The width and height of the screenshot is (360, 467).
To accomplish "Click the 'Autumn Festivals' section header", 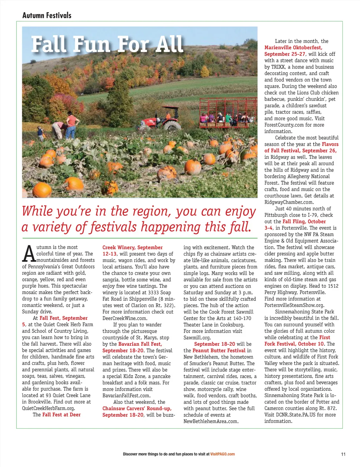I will [x=47, y=15].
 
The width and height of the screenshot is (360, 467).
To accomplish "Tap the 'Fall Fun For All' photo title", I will [x=107, y=44].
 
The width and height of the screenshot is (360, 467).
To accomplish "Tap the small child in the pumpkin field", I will [x=41, y=133].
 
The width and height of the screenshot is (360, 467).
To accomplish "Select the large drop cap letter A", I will [x=29, y=253].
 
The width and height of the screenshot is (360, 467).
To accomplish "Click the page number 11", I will [x=343, y=454].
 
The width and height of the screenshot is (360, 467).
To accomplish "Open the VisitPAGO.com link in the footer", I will [x=223, y=454].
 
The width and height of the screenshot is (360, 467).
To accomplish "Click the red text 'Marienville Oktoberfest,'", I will [x=293, y=47].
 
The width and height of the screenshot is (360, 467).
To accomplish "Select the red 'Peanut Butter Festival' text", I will [x=219, y=350].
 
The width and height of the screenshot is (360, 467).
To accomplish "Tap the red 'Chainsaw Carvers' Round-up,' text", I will [x=137, y=408].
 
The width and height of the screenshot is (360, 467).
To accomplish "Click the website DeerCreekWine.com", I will [x=125, y=318].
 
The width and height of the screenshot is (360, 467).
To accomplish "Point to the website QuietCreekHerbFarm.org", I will [x=49, y=408].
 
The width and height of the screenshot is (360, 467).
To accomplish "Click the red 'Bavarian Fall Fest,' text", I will [x=140, y=344].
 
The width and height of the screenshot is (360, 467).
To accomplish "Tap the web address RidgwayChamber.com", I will [x=289, y=202].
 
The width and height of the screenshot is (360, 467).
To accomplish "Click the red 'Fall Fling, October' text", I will [x=304, y=221].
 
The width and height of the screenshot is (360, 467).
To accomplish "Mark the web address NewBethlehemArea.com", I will [x=211, y=421].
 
